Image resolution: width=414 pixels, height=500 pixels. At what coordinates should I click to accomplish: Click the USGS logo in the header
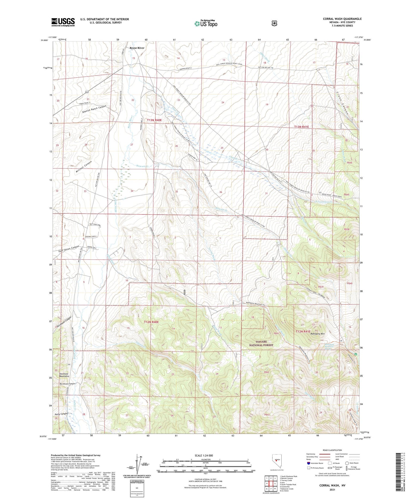coord(63,22)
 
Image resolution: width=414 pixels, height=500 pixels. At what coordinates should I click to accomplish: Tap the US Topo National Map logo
coord(206,23)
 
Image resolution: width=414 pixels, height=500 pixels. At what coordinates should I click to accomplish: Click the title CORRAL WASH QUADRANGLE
coord(342,19)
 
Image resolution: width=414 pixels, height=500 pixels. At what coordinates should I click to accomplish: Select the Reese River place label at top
coord(137,48)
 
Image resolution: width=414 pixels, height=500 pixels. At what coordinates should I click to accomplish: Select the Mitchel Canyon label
coord(84,167)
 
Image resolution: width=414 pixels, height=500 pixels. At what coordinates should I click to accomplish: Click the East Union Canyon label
coord(68,249)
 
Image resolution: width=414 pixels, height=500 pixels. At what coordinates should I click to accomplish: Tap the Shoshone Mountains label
coord(64,375)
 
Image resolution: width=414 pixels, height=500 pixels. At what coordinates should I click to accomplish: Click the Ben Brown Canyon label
coord(67,384)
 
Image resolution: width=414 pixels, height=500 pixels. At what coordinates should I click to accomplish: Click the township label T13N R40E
coord(154,120)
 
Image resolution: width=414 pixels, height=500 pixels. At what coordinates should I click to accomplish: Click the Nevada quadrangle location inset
coord(276,461)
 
